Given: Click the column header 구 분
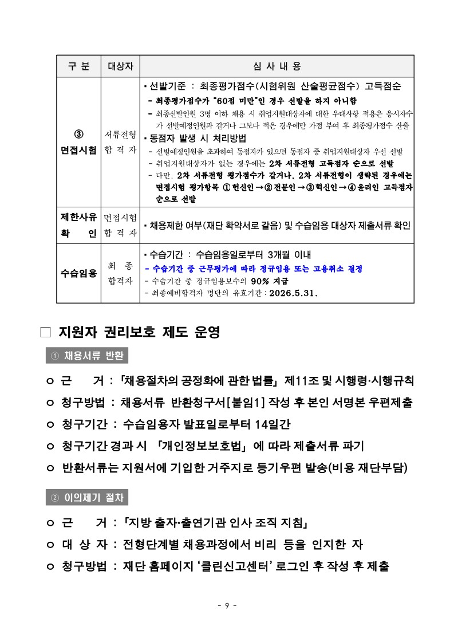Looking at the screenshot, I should pyautogui.click(x=78, y=66).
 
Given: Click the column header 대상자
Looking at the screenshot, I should pyautogui.click(x=120, y=66).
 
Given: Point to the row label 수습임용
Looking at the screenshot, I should pyautogui.click(x=78, y=273).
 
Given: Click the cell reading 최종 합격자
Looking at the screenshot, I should pyautogui.click(x=120, y=273).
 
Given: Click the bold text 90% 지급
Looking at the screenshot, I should pyautogui.click(x=269, y=281).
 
